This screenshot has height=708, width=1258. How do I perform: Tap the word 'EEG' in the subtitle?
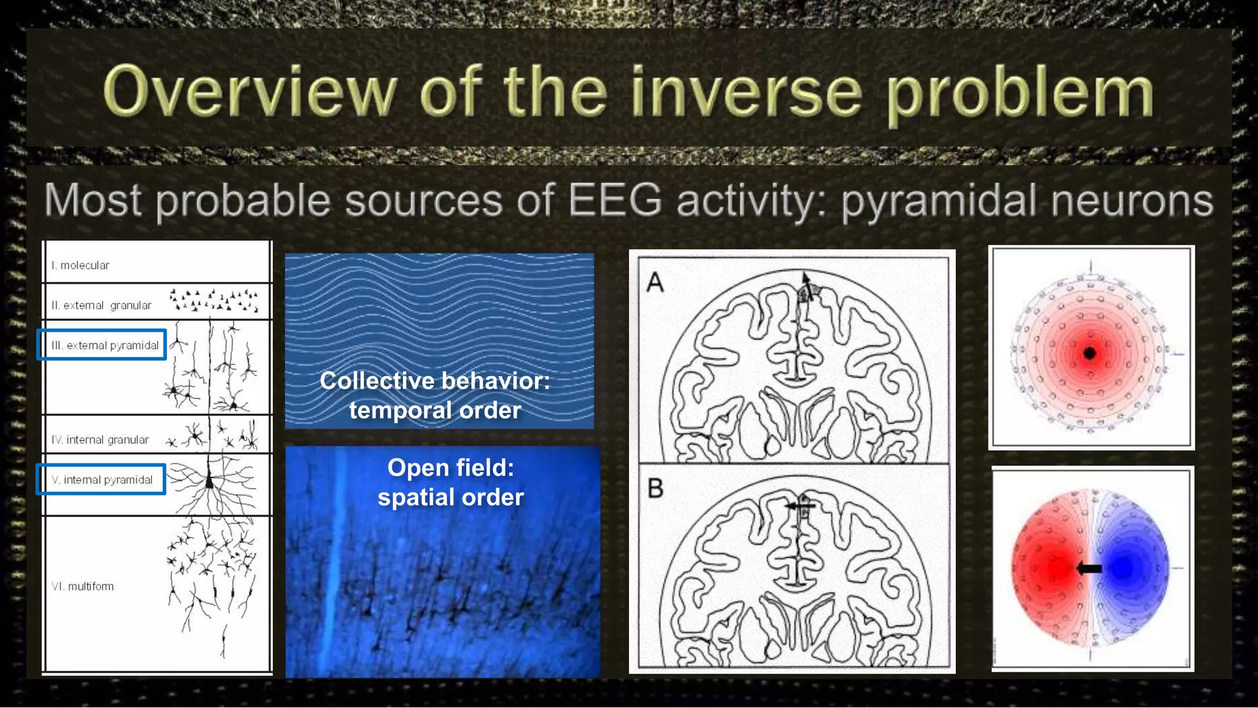(x=614, y=200)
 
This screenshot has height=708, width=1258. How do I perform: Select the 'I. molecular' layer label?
(x=80, y=265)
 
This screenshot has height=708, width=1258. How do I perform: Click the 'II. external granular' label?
(x=101, y=305)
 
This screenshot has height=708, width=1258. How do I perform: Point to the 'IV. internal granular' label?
(x=100, y=440)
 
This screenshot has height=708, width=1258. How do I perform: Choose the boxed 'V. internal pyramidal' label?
(x=101, y=480)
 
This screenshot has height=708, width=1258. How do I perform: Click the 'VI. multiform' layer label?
(x=83, y=586)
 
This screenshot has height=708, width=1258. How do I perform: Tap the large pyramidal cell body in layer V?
(x=209, y=482)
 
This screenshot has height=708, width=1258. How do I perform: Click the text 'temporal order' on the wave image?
(x=435, y=410)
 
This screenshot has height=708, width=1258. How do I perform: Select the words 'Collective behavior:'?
(x=435, y=381)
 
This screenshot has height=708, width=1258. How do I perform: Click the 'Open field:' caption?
(x=450, y=468)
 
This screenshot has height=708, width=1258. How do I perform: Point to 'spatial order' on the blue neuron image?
(x=450, y=497)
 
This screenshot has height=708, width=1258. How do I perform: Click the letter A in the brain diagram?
(x=655, y=283)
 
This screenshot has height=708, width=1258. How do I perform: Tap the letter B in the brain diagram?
(x=655, y=489)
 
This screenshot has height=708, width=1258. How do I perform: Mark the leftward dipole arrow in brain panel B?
(x=799, y=506)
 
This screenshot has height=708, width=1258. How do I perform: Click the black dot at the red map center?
(x=1090, y=353)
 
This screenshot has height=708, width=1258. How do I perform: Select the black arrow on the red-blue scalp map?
(x=1089, y=569)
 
